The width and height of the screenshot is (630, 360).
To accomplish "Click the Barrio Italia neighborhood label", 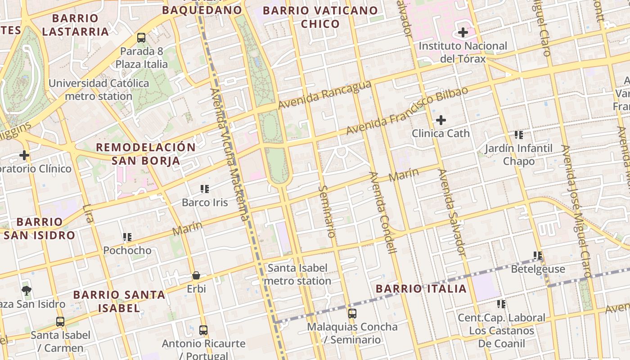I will click(x=421, y=288).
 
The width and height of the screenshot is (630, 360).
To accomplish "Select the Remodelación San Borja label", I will click(x=146, y=154).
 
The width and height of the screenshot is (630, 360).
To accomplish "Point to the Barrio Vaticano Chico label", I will click(x=320, y=17).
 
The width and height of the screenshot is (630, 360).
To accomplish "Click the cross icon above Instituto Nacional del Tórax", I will click(x=463, y=32).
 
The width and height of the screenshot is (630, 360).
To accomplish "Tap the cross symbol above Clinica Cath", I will click(x=441, y=120).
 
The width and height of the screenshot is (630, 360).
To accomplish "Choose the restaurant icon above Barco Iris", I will click(x=205, y=189).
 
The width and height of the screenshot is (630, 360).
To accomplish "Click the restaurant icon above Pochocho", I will click(x=127, y=237).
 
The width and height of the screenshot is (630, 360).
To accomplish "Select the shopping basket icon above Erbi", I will click(x=196, y=275).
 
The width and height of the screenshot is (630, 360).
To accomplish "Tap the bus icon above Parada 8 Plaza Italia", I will click(x=141, y=38).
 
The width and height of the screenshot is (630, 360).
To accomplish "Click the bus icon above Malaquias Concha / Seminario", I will click(x=352, y=313).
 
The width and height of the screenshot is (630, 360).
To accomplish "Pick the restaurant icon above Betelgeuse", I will click(x=538, y=256).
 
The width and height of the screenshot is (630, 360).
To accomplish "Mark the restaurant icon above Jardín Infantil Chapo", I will click(x=519, y=135).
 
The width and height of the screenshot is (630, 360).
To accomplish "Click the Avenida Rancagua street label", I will click(x=324, y=95).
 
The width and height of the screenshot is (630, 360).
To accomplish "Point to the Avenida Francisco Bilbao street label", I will click(x=407, y=111).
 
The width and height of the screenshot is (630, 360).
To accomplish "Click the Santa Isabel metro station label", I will click(x=297, y=274).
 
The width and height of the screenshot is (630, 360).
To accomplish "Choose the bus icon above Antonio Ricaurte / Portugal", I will click(x=203, y=330).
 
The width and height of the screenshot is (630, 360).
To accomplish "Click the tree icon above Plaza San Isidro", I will click(x=27, y=290).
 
